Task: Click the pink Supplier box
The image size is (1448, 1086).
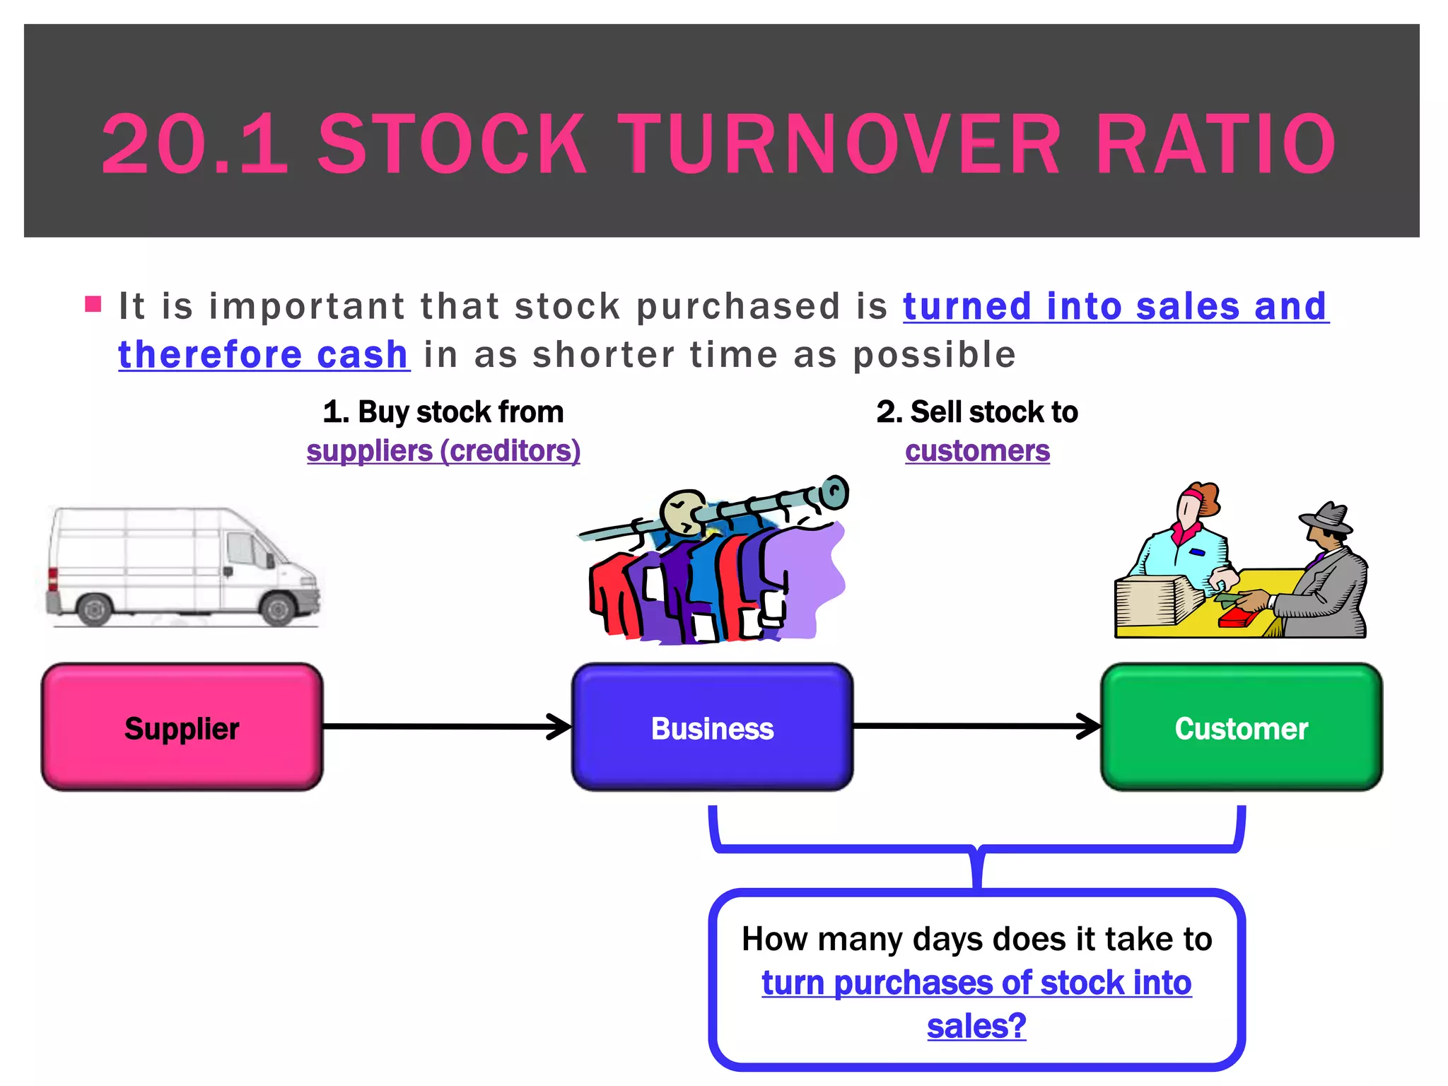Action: (x=182, y=727)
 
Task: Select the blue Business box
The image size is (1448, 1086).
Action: (x=712, y=727)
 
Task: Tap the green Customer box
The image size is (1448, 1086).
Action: (x=1242, y=727)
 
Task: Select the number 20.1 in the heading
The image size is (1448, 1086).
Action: (x=194, y=144)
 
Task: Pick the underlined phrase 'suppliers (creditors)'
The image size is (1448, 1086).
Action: (x=443, y=451)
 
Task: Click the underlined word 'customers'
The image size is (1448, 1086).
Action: (x=977, y=451)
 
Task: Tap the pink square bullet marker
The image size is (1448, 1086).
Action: (x=93, y=305)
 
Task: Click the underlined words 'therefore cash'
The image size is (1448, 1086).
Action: (x=263, y=354)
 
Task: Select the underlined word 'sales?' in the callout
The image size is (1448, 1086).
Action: (x=976, y=1026)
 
